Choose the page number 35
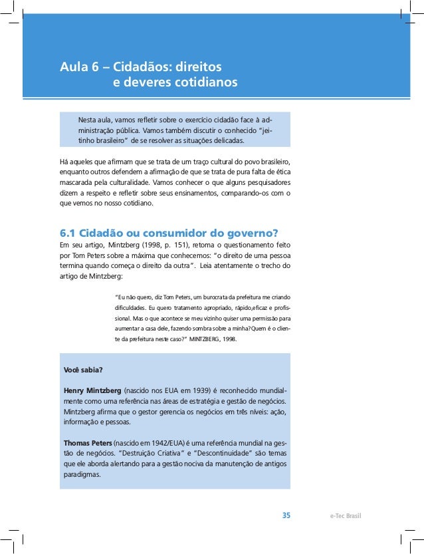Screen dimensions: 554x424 286,515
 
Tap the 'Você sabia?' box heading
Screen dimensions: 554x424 83,369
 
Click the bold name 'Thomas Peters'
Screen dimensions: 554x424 88,443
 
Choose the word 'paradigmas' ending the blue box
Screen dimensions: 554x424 82,475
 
